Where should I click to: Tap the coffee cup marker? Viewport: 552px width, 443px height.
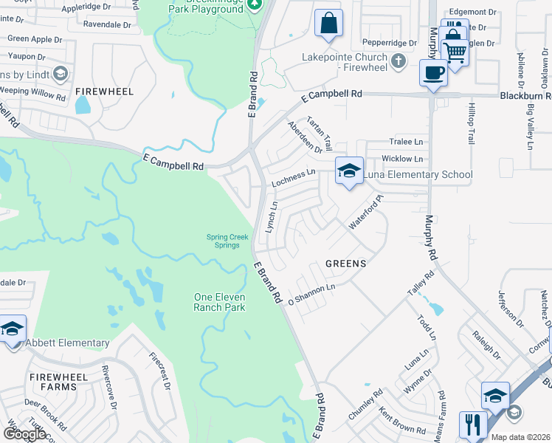433,72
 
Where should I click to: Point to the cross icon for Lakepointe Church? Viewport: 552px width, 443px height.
398,61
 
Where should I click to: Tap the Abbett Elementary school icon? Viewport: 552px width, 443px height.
12,329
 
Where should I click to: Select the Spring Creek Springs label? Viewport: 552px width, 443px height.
227,241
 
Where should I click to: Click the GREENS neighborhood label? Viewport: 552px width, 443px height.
345,263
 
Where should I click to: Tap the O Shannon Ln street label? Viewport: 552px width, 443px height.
311,294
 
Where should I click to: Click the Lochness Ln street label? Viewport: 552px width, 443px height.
293,177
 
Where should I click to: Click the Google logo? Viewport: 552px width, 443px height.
24,434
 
